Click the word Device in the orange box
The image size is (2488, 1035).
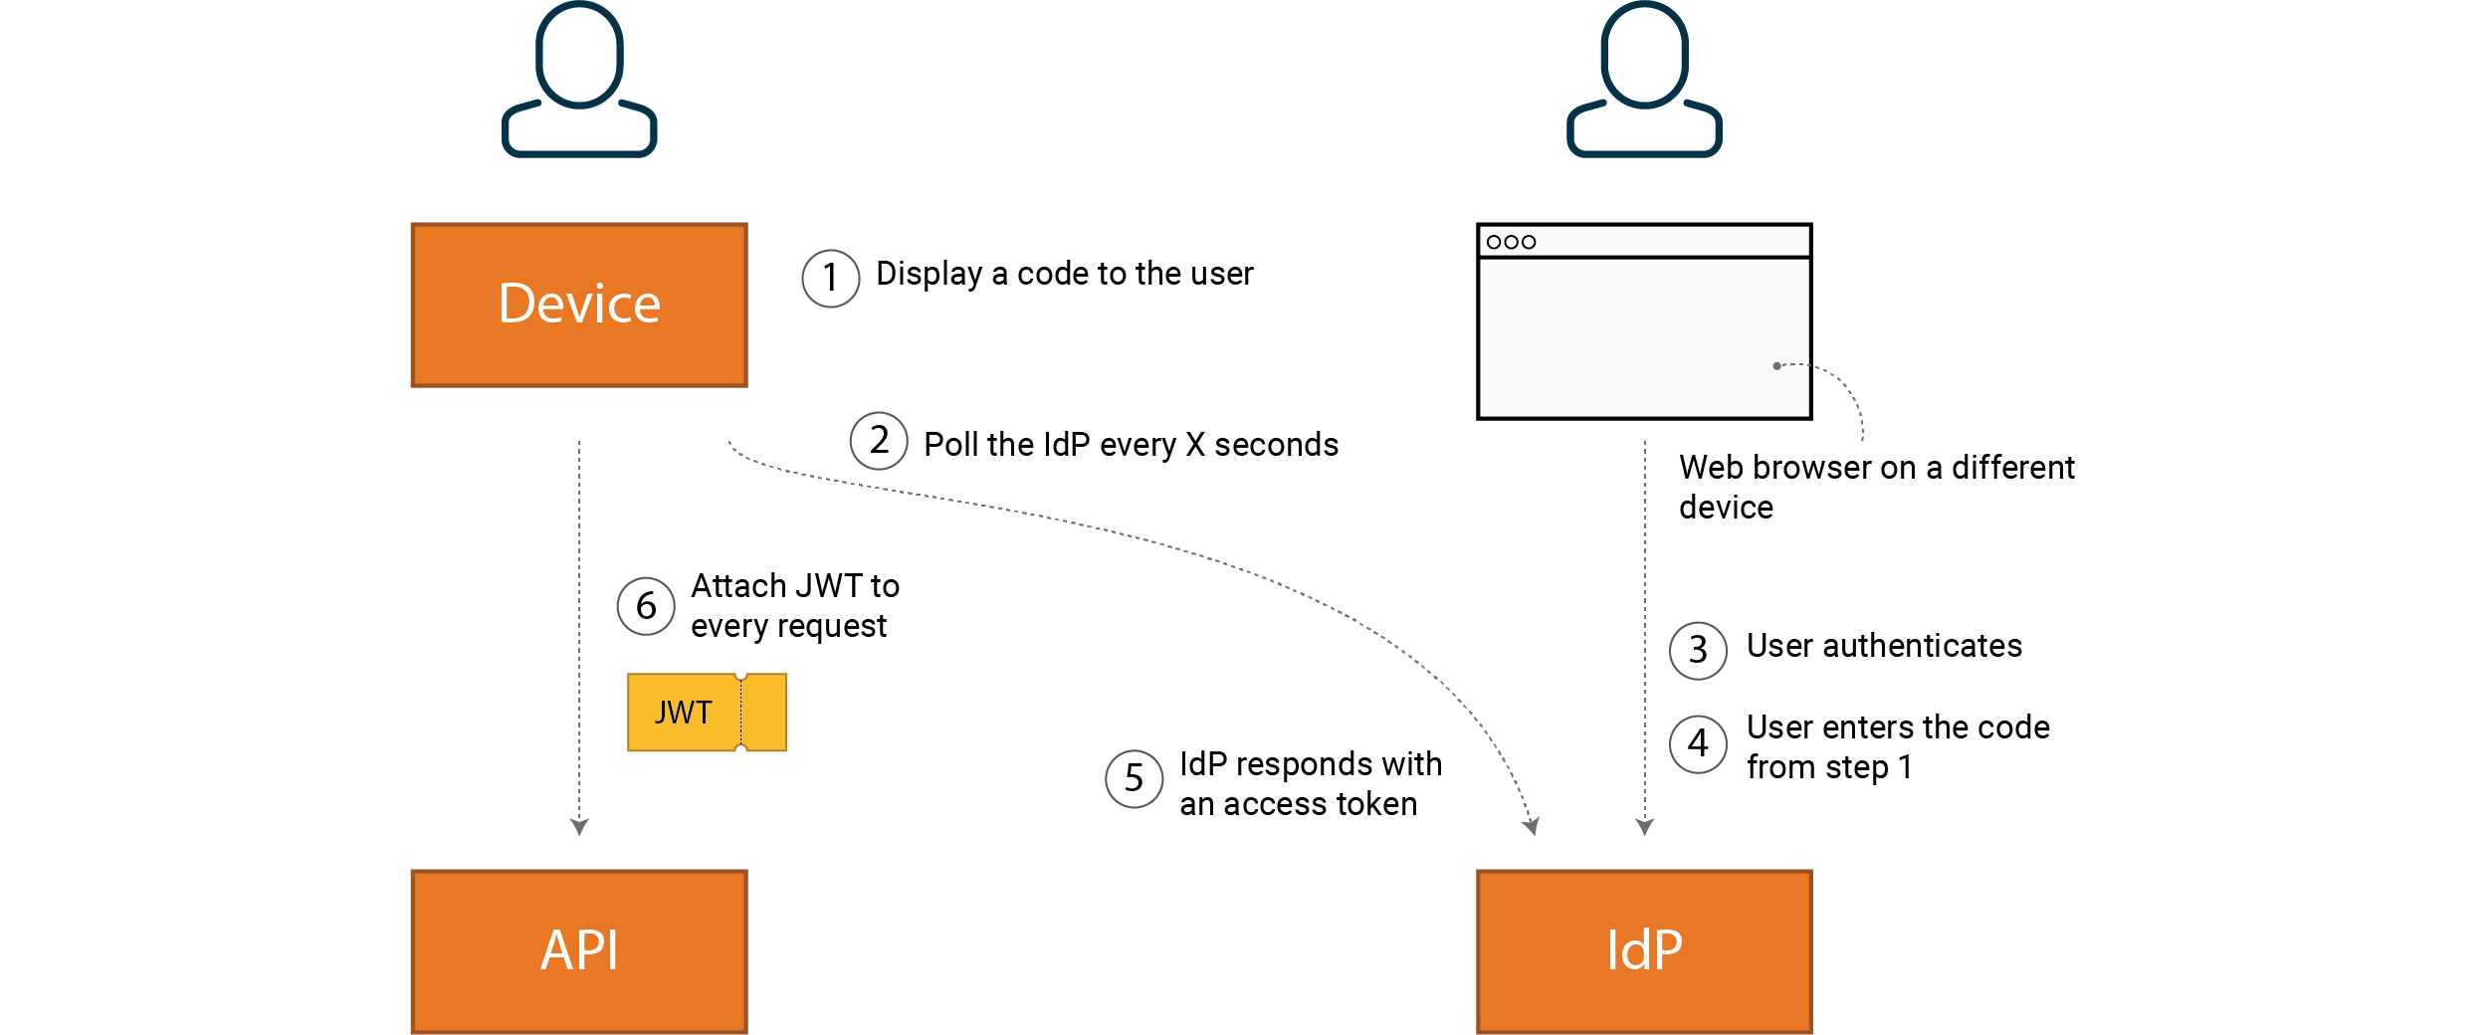[x=578, y=304]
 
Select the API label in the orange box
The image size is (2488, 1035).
[x=578, y=949]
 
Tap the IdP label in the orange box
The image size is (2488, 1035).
[x=1644, y=949]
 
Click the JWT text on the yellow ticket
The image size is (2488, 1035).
[x=683, y=713]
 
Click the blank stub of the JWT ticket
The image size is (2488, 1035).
[x=764, y=713]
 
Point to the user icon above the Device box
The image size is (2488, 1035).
[x=579, y=80]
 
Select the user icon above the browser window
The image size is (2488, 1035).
[x=1644, y=80]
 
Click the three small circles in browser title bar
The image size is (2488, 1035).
[x=1511, y=242]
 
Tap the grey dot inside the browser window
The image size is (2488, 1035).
[x=1776, y=366]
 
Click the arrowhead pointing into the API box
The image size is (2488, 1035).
[x=579, y=826]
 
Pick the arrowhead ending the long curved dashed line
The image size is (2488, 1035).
[x=1532, y=826]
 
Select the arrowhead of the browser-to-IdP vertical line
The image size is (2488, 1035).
[x=1644, y=826]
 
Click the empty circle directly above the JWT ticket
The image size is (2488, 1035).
[x=646, y=606]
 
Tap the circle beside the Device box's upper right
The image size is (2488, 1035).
[x=831, y=279]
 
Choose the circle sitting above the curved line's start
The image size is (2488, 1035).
[x=879, y=441]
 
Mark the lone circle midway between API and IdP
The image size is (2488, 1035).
[x=1135, y=779]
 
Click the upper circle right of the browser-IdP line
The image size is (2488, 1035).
[x=1698, y=651]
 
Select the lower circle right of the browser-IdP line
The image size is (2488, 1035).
[x=1698, y=744]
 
